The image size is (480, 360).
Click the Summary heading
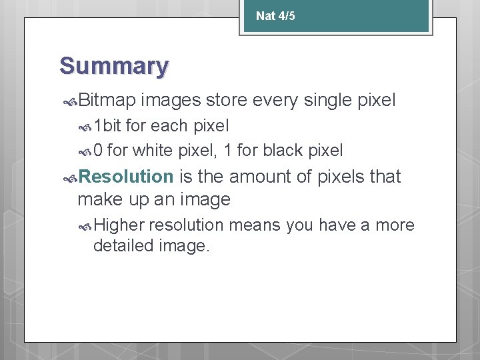[114, 66]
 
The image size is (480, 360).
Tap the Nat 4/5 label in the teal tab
[275, 15]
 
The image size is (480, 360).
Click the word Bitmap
[107, 101]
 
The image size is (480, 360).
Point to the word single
[329, 101]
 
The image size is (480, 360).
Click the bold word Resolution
[125, 177]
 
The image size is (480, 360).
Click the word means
[255, 225]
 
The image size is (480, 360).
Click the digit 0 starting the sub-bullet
[98, 151]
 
